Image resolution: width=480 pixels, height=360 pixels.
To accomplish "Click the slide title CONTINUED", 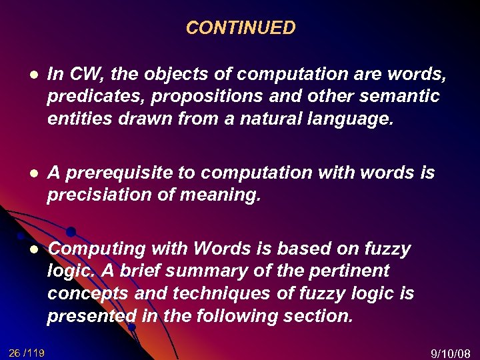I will coord(240,28).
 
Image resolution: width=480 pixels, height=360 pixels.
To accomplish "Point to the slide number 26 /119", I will coord(27,352).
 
